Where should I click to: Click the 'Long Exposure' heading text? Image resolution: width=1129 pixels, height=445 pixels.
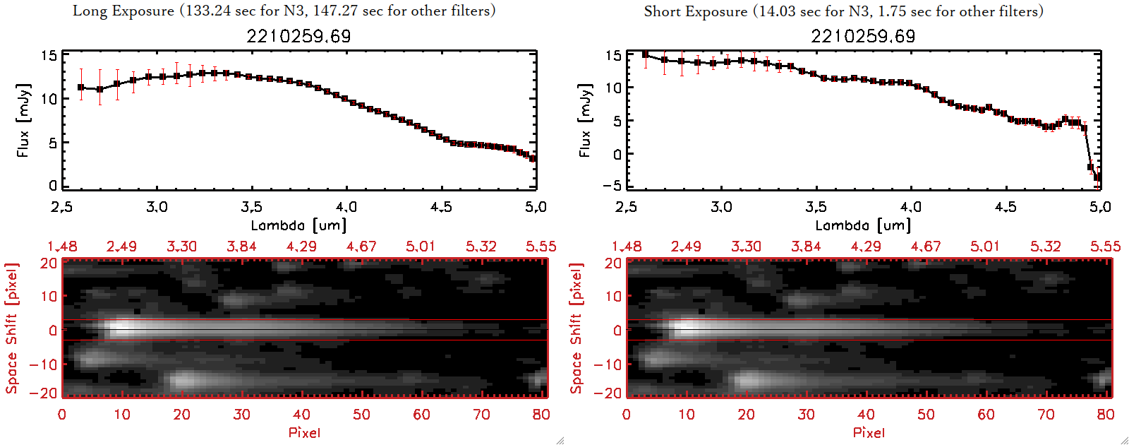tap(123, 11)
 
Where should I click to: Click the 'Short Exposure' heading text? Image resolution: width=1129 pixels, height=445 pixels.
tap(695, 11)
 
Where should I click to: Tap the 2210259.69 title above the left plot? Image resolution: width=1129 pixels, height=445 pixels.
tap(298, 36)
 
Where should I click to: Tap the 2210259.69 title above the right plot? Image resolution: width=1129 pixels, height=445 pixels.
tap(863, 36)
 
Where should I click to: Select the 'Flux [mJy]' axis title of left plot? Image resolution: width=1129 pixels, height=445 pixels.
tap(23, 120)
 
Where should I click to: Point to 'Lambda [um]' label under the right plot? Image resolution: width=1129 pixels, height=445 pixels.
tap(863, 225)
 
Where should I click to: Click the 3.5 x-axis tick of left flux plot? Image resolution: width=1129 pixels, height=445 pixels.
tap(251, 207)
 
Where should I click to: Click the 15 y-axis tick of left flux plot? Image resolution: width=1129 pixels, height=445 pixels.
tap(49, 56)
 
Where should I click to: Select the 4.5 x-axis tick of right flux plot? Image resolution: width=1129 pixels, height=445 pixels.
tap(1006, 207)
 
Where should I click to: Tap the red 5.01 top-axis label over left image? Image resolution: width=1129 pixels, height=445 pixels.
tap(421, 247)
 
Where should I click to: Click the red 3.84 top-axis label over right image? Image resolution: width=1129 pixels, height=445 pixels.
tap(806, 247)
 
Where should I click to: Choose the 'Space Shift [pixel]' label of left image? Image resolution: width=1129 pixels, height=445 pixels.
tap(11, 328)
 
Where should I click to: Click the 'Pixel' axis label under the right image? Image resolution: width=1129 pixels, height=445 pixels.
tap(869, 432)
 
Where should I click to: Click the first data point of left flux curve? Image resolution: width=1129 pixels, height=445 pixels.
tap(81, 88)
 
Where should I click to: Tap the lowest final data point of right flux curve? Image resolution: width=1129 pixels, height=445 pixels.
tap(1097, 178)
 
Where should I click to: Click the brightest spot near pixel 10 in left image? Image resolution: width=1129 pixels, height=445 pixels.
tap(121, 328)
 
